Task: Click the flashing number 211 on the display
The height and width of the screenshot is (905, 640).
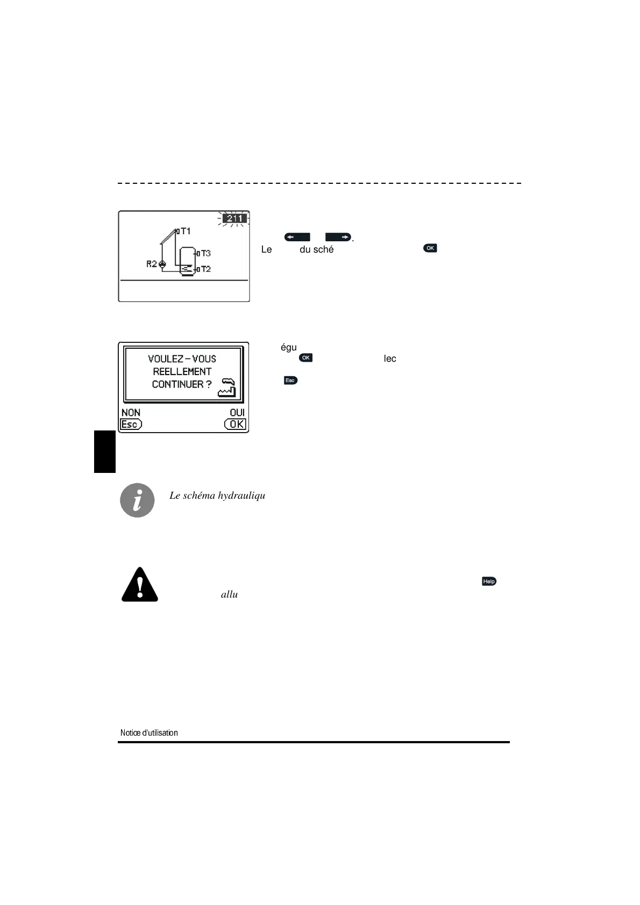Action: click(234, 219)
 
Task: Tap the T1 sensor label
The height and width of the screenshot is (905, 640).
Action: click(185, 231)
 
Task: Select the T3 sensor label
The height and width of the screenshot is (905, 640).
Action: click(205, 253)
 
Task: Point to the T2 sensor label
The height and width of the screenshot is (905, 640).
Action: click(205, 269)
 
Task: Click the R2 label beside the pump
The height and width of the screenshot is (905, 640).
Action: click(152, 264)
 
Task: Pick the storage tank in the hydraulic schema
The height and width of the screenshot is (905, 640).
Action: click(187, 261)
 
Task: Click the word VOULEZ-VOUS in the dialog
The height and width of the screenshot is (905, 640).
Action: click(182, 359)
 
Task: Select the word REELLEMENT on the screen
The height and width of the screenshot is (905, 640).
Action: click(182, 372)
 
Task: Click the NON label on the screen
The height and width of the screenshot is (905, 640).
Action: click(131, 413)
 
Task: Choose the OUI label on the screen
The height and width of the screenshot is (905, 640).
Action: click(237, 413)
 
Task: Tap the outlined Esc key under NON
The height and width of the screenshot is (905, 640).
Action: click(131, 425)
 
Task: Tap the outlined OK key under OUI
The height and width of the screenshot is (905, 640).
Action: click(236, 425)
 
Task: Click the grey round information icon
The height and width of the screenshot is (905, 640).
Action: click(137, 500)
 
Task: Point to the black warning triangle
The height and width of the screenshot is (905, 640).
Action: click(140, 585)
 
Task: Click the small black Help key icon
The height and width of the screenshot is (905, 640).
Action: click(489, 581)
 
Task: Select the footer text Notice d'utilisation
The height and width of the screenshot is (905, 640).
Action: click(149, 733)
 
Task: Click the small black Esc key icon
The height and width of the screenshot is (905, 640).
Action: click(290, 380)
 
